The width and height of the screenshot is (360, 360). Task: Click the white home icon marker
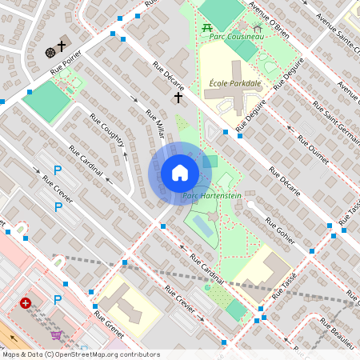pos(180,173)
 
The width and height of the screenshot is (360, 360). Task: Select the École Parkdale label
pos(235,83)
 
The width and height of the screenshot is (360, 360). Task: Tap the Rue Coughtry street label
pos(107,130)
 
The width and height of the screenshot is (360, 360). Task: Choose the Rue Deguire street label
pos(256,111)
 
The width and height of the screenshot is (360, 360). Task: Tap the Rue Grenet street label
pos(108,324)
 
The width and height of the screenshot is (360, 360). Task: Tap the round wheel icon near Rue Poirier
pos(50,51)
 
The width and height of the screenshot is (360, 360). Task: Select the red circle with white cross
pos(26,303)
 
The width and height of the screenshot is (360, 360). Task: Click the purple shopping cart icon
pos(56,335)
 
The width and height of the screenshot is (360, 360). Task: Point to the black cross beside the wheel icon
pos(62,46)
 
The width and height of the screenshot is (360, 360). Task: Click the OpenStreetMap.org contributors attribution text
pos(104,354)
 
